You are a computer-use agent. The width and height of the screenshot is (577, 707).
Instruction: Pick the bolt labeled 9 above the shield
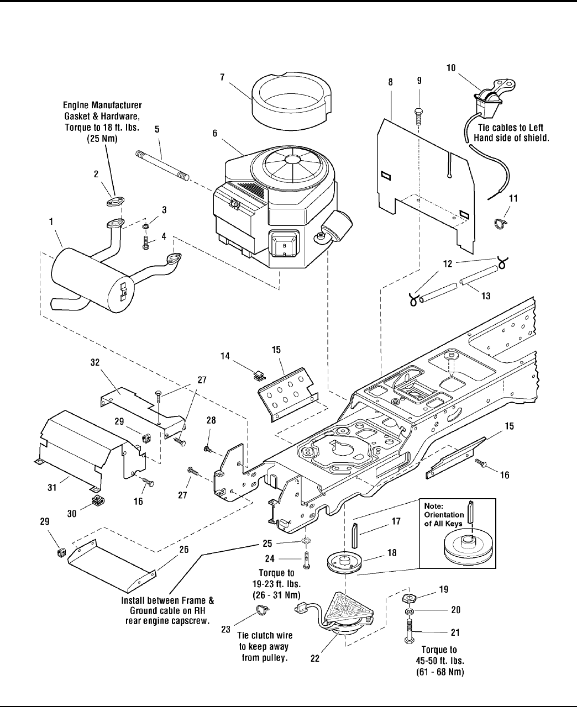418,116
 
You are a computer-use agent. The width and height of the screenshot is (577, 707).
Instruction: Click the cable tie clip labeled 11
499,224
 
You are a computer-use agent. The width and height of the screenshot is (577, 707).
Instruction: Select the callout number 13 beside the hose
486,297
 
